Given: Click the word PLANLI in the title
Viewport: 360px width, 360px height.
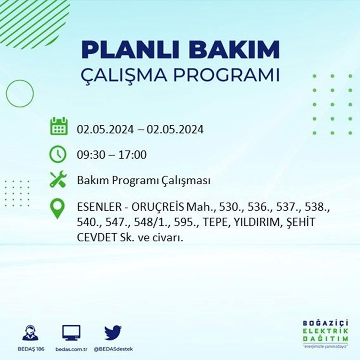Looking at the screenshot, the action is coord(130,49).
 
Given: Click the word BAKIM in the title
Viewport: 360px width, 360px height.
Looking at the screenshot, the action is coord(234,49).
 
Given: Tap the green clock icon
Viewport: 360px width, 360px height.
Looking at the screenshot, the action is coord(58,154).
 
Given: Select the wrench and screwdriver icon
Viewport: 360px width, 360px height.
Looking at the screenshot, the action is coord(58,179).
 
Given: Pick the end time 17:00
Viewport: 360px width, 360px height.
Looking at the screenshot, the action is coord(132,155).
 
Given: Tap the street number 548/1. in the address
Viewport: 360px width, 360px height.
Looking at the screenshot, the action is coord(153,222).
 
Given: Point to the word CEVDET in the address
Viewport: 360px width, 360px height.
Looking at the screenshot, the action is coord(97,238).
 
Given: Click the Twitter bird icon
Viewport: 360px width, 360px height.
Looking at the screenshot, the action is coord(113,333).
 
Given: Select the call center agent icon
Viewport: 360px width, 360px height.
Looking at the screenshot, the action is coord(31,332).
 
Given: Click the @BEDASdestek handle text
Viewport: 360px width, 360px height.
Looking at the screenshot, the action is coord(113,349).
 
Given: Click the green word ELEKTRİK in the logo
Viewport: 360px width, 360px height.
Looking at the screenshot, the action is coord(325,331).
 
